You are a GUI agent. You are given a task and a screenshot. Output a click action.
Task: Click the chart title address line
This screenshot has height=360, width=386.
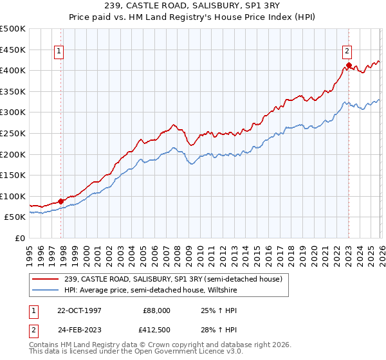click(193, 6)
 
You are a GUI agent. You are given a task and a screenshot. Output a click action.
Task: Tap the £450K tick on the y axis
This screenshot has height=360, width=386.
click(13, 50)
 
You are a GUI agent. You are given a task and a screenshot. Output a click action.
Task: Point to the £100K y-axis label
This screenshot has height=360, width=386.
click(13, 196)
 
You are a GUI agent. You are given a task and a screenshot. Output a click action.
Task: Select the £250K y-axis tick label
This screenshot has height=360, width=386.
click(13, 133)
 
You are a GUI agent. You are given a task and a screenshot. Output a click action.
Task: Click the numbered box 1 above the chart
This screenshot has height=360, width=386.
click(59, 52)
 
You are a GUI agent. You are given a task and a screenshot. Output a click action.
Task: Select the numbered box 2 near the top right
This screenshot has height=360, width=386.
click(347, 52)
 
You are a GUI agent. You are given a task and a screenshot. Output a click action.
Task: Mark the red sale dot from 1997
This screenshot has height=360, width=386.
click(61, 201)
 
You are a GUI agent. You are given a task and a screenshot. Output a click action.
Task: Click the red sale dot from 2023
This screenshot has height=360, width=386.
click(349, 65)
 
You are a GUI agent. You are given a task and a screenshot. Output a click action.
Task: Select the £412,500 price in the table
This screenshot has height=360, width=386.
click(157, 330)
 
